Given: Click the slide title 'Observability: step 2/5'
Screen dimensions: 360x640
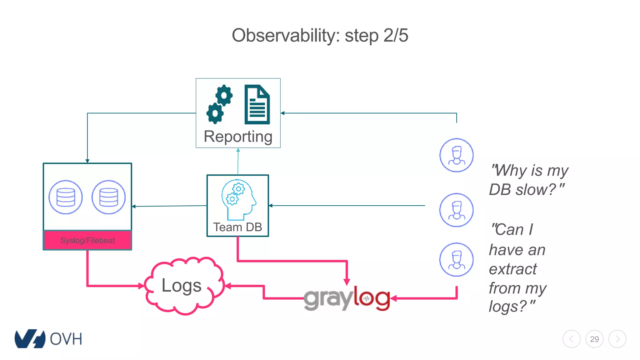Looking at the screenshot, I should point(320,35).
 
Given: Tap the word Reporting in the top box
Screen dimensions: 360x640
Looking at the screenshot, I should point(238,137).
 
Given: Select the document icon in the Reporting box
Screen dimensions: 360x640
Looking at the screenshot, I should point(257,104).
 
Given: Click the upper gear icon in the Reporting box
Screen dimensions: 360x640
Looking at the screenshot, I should point(224,95).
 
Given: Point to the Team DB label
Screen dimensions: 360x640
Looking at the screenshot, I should point(237,227).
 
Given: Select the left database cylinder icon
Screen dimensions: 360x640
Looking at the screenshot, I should point(66,197).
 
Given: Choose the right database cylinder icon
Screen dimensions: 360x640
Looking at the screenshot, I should point(108,197).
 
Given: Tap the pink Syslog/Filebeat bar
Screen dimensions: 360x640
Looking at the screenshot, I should point(87,240).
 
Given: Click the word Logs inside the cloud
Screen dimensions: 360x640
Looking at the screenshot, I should point(181,286).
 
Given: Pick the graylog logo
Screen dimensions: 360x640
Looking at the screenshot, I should point(347,298).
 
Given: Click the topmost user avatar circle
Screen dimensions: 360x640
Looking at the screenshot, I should point(456,155).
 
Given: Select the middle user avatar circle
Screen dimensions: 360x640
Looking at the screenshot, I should point(456,210).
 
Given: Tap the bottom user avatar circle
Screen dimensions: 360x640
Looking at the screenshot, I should point(456,260).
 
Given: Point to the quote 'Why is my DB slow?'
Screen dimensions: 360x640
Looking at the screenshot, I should point(528,180).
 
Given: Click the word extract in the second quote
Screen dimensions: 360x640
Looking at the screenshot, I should point(513,269).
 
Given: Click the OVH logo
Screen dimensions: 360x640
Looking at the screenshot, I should point(48,339).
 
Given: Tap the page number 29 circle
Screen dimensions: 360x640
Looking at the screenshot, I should point(594,339).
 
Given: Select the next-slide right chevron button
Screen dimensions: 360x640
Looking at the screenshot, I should point(617,339).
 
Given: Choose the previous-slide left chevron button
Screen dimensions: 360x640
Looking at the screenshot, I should point(572,339).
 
